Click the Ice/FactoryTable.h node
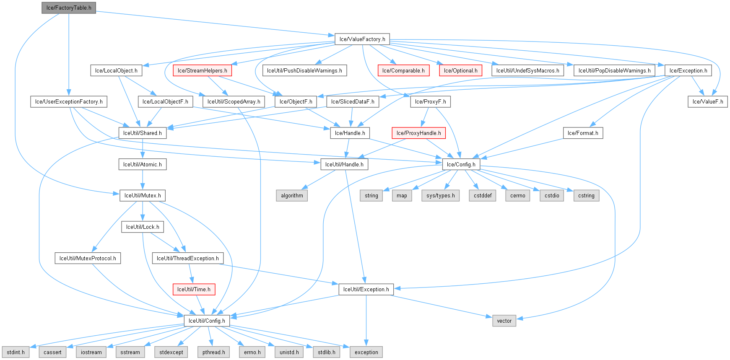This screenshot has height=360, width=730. tap(69, 8)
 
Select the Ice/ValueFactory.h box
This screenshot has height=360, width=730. tap(362, 39)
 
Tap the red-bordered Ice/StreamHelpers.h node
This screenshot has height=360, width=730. tap(202, 70)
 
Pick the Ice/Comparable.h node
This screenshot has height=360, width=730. tap(403, 70)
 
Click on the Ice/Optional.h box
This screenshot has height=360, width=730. tap(460, 70)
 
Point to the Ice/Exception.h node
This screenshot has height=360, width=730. tap(688, 70)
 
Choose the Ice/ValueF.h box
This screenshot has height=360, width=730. tap(707, 101)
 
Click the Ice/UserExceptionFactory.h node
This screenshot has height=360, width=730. tap(69, 101)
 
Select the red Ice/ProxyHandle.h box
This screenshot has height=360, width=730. tap(418, 133)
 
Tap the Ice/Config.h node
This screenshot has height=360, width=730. tap(461, 164)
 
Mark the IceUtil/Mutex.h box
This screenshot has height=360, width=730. tap(143, 195)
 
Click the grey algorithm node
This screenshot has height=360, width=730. tap(292, 195)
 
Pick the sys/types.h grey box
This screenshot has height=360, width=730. tap(440, 195)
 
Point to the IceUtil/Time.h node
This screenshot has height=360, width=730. tap(194, 289)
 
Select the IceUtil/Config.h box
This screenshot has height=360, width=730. tap(207, 321)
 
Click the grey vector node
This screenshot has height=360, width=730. tap(504, 321)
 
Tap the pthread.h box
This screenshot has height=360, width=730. tap(213, 352)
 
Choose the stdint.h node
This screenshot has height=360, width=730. tap(16, 352)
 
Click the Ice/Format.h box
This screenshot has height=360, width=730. tap(583, 133)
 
